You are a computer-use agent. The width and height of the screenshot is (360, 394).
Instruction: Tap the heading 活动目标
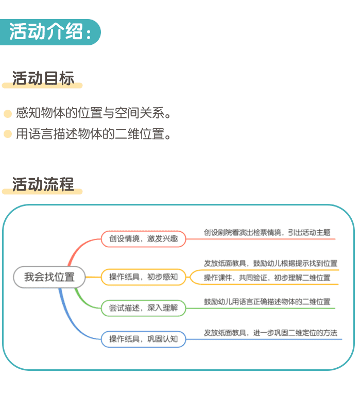click(43, 78)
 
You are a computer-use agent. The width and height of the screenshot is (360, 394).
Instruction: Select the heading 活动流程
click(43, 184)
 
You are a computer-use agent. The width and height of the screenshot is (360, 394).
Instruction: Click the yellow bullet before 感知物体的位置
click(8, 113)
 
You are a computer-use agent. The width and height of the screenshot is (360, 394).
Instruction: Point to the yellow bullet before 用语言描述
click(8, 134)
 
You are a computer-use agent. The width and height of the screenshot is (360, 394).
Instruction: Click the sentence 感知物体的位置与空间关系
click(93, 113)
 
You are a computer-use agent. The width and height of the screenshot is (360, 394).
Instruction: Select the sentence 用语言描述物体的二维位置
click(93, 133)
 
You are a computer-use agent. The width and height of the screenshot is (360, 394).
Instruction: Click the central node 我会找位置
click(49, 277)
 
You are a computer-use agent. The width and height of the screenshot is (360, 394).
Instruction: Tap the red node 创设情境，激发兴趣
click(144, 238)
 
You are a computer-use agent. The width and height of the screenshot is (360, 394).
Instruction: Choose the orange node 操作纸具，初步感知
click(144, 277)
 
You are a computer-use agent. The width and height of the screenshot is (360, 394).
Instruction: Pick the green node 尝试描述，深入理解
click(144, 308)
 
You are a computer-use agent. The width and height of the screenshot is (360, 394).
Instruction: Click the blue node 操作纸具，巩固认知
click(144, 339)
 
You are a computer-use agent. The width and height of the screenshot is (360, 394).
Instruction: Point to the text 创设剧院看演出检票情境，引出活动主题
click(267, 232)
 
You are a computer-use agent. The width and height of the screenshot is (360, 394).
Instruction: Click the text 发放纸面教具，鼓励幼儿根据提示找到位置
click(270, 263)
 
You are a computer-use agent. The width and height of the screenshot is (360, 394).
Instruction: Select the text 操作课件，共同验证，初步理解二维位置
click(267, 278)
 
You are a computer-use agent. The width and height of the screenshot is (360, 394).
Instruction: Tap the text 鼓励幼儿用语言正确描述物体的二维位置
click(267, 301)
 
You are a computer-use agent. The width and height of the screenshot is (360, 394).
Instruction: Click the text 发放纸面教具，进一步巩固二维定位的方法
click(270, 333)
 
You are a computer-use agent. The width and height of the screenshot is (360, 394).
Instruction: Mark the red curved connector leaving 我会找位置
click(78, 248)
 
